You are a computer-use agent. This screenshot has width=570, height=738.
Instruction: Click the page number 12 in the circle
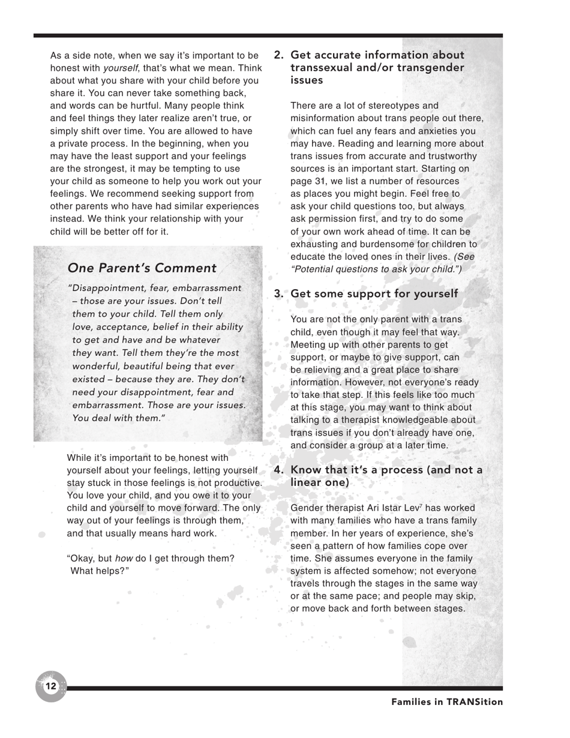[50, 686]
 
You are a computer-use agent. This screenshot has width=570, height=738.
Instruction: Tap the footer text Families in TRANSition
[447, 701]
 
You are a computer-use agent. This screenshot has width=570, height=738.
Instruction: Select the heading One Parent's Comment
[142, 268]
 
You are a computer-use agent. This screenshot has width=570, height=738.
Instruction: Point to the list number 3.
[279, 294]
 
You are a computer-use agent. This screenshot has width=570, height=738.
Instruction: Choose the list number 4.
[279, 470]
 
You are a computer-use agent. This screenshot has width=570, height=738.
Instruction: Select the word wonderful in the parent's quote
[97, 365]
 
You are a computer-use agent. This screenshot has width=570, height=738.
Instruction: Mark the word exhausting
[314, 244]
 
